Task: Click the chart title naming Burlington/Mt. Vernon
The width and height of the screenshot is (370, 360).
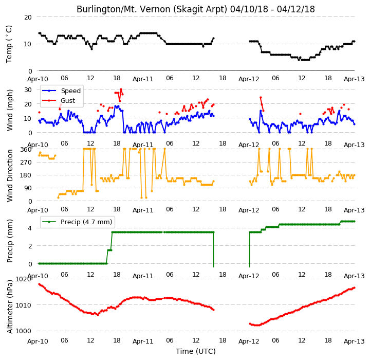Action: [x=196, y=9]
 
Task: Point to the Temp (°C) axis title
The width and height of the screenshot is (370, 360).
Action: [x=9, y=44]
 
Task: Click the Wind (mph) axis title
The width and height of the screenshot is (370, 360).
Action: [x=10, y=110]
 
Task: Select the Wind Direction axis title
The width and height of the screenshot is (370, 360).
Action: [x=10, y=175]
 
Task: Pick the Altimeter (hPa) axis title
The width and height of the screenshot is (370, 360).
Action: [x=10, y=307]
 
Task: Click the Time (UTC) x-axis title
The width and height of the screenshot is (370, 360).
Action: [x=196, y=351]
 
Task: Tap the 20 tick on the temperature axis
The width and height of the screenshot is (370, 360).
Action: [x=28, y=17]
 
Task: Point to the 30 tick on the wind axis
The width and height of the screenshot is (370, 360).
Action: [x=28, y=90]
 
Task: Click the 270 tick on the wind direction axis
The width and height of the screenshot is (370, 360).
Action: [x=26, y=163]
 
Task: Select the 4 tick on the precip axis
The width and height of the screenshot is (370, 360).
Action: [x=30, y=228]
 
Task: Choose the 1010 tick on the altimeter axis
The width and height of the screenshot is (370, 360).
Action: [x=23, y=305]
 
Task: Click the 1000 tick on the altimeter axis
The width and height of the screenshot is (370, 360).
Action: [x=23, y=331]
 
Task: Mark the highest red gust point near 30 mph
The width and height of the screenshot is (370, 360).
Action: [x=121, y=89]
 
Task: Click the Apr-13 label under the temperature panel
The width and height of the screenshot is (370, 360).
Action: [x=354, y=79]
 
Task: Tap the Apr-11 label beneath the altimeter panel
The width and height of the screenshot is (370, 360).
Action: [x=143, y=341]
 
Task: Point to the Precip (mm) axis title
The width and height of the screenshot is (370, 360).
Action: [x=10, y=241]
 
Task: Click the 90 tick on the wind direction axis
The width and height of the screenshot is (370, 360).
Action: [x=28, y=188]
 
